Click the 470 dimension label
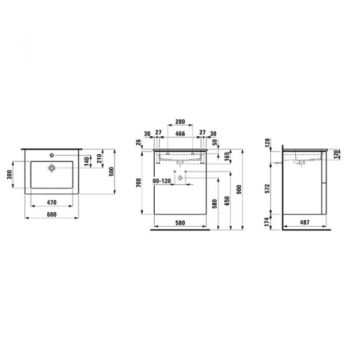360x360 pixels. pos(52,203)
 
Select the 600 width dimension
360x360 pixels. pos(52,214)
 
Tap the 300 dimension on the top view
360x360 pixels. pos(10,175)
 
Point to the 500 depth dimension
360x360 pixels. pos(112,172)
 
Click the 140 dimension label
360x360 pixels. pos(86,161)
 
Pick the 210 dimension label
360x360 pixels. pos(99,158)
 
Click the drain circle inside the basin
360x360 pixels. pos(52,168)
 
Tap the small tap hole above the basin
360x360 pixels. pos(52,155)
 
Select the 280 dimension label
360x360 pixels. pos(180,122)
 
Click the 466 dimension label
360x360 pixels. pos(180,134)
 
